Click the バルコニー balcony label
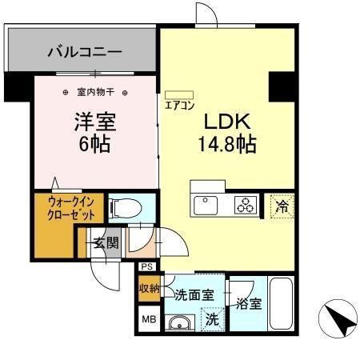point(84,53)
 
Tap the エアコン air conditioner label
point(178,104)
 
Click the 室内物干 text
point(94,92)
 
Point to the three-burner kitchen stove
point(245,206)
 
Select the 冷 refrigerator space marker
point(280,205)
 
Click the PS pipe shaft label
point(146,267)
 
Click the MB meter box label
point(149,319)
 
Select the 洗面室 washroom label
point(194,295)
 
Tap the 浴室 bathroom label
point(248,303)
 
